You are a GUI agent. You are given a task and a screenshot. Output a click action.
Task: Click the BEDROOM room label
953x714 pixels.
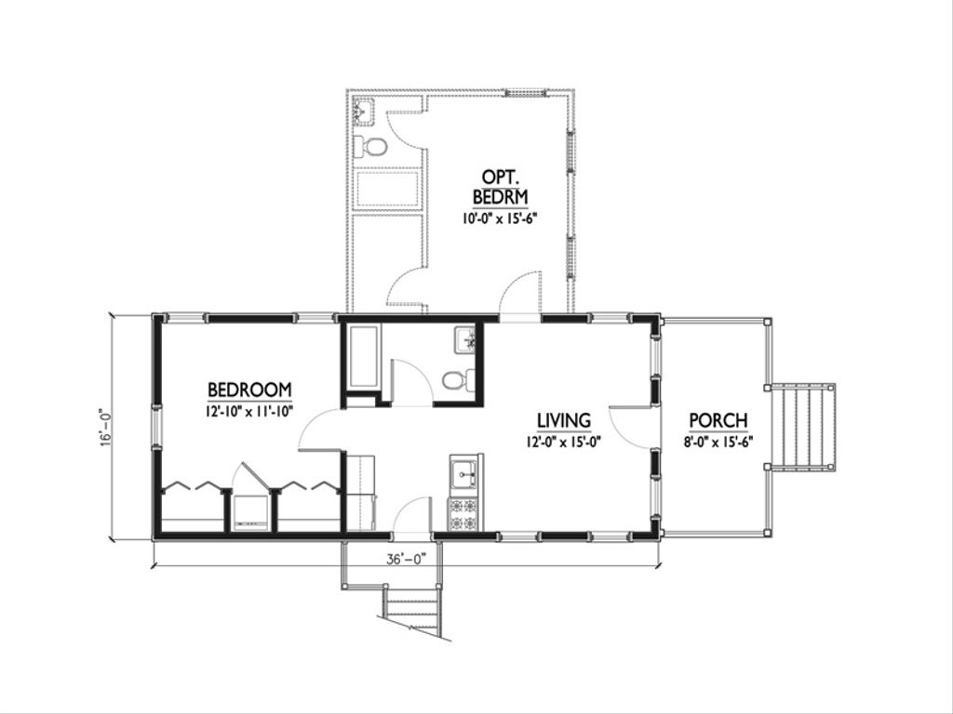point(249,390)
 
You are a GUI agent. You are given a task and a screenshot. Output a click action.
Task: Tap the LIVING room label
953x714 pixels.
point(563,420)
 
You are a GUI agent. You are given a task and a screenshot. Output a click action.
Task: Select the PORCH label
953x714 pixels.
point(718,420)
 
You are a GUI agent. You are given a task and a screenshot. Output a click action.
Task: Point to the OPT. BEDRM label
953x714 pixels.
point(500,187)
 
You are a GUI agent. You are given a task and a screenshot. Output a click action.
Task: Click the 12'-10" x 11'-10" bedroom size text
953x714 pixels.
point(249,411)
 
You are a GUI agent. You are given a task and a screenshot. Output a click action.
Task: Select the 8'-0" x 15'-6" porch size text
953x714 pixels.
point(718,442)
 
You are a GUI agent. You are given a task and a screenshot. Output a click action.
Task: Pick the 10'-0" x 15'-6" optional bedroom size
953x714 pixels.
point(500,218)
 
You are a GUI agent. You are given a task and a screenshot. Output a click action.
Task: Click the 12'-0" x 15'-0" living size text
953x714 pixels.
point(563,442)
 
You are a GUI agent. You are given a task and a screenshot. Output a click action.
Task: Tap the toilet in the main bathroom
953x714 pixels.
point(459,380)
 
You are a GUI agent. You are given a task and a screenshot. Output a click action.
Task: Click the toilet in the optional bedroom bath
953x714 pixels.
point(370,146)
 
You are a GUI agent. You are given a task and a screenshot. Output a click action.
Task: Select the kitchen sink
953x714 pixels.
point(465,474)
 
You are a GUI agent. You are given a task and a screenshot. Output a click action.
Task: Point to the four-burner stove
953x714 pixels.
point(465,514)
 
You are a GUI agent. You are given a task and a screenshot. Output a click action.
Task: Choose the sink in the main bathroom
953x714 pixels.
point(465,340)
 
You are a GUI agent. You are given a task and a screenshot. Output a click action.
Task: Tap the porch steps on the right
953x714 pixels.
point(803,426)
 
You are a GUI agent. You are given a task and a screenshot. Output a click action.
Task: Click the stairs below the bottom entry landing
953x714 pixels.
point(414,610)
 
